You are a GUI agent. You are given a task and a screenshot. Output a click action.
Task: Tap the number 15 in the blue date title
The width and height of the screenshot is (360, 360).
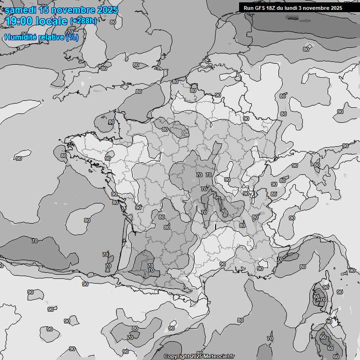pos(44,10)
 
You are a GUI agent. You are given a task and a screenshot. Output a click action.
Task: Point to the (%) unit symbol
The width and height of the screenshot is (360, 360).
pos(72,37)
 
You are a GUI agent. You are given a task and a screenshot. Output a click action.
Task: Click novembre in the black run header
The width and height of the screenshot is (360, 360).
pos(321,8)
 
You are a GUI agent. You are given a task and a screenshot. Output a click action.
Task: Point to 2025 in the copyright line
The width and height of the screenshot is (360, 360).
pos(196,356)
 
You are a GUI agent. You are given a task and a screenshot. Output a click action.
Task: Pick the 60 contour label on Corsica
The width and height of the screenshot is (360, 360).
pos(316,297)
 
